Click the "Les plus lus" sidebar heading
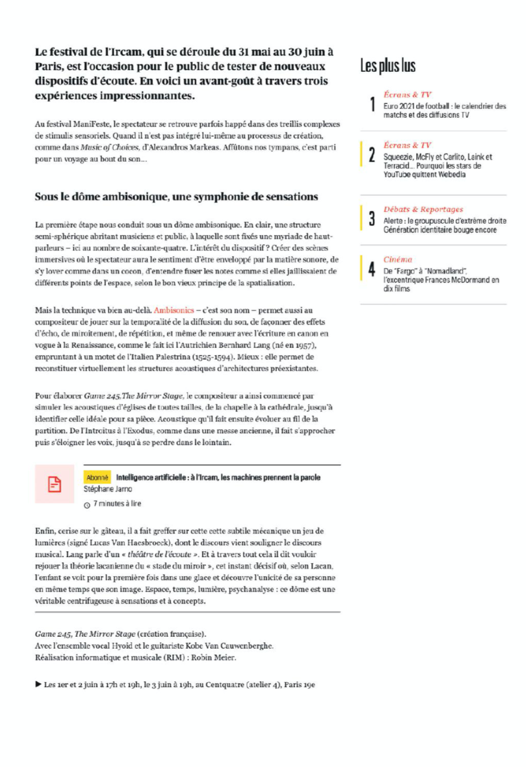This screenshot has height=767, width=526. pos(388,66)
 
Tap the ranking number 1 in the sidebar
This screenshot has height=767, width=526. pos(372,104)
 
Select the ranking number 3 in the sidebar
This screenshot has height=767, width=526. pos(372,219)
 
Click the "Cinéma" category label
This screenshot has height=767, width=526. pos(397,259)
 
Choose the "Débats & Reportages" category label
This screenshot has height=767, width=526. pos(423,209)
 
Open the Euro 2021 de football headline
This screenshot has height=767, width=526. pos(444,110)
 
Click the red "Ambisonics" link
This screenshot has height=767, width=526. pos(173,310)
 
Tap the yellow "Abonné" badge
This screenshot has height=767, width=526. pos(97,478)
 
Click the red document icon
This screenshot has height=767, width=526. pos(54,484)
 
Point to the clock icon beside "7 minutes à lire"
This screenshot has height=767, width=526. pos(87,504)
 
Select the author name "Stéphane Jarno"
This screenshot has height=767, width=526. pos(108,489)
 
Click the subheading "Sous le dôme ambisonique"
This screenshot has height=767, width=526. pos(176,197)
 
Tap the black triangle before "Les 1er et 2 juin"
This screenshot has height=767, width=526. pos(38,684)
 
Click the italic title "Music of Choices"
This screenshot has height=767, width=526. pos(109,147)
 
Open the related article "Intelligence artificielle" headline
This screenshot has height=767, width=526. pos(218,478)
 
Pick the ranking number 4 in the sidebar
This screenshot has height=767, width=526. pos(372,269)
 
